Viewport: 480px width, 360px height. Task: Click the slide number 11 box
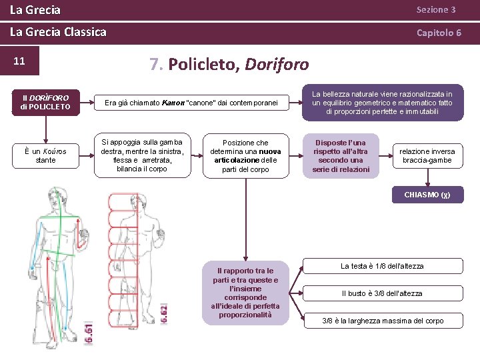pos(20,61)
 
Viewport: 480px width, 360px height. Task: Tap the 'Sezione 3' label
pos(435,10)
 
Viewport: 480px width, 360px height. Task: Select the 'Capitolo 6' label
pos(439,32)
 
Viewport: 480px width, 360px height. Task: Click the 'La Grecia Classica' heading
pos(58,32)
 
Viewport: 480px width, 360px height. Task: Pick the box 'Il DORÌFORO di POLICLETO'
pos(46,102)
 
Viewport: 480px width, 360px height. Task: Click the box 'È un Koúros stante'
pos(46,155)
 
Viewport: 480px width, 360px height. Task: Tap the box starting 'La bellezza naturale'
pos(382,103)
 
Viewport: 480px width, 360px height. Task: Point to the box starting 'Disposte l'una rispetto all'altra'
pos(341,156)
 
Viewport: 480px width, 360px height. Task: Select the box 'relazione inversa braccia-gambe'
pos(427,156)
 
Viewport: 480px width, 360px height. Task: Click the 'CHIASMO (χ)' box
pos(427,195)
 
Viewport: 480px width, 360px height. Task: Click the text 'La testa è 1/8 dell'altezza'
pos(382,266)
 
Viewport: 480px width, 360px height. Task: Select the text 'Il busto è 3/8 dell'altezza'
pos(382,293)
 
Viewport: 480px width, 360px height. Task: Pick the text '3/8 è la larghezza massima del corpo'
pos(383,321)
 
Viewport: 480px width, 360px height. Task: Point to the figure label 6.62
pos(164,313)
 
